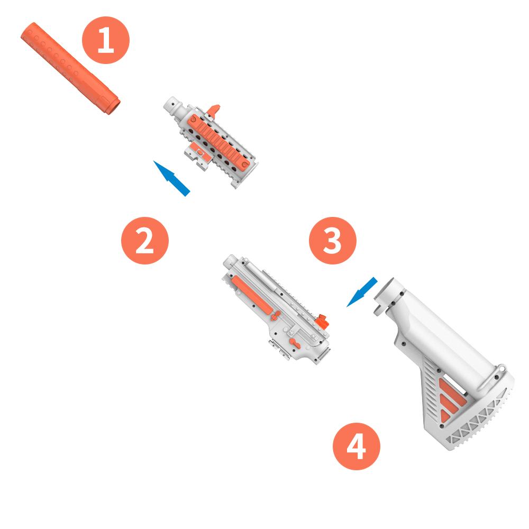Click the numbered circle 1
pos(106,40)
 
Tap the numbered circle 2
pos(145,240)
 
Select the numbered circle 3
pos(332,240)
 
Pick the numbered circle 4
pos(356,446)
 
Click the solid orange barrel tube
pos(70,68)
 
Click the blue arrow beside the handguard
pos(171,178)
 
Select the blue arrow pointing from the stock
pos(362,292)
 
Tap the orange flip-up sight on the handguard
pos(213,111)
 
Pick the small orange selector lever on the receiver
pos(295,343)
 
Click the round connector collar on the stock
pos(388,297)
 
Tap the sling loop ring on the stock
pos(501,368)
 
